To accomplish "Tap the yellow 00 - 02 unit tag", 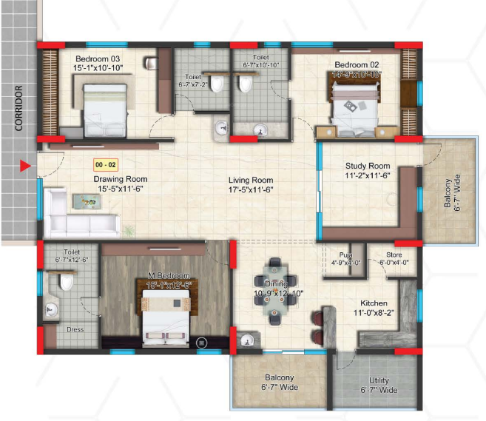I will (104, 166).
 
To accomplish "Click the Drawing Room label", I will (120, 179).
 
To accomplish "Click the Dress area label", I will (75, 330).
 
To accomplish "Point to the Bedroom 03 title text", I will (98, 58).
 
